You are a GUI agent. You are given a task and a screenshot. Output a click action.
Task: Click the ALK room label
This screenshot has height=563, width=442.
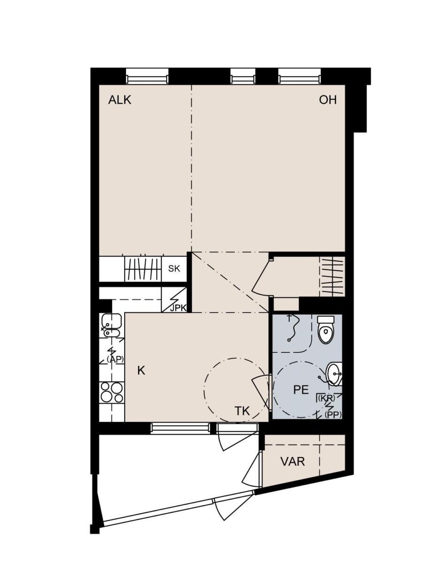120,100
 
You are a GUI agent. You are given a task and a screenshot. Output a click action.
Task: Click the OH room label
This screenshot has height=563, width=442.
328,100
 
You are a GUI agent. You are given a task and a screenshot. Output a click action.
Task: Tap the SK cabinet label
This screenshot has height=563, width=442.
174,269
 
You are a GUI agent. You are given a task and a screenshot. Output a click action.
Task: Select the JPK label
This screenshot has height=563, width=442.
178,308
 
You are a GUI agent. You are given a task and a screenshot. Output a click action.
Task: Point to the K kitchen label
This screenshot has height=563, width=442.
141,371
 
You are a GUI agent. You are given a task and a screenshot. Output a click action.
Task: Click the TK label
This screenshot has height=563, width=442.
242,411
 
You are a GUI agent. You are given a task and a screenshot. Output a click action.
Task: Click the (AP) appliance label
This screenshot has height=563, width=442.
115,359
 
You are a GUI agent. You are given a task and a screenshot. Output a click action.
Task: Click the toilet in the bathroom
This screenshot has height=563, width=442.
326,329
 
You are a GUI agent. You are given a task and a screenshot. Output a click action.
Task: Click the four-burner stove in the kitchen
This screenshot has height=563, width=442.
112,392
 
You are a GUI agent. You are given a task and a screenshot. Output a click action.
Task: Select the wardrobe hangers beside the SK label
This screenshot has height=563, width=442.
143,269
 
